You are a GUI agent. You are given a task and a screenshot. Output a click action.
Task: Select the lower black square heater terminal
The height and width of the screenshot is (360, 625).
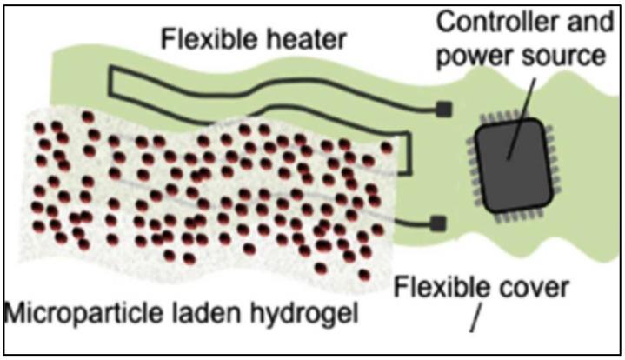click(438, 223)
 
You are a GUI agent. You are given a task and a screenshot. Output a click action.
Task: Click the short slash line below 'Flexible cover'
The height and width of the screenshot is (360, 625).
click(475, 322)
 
